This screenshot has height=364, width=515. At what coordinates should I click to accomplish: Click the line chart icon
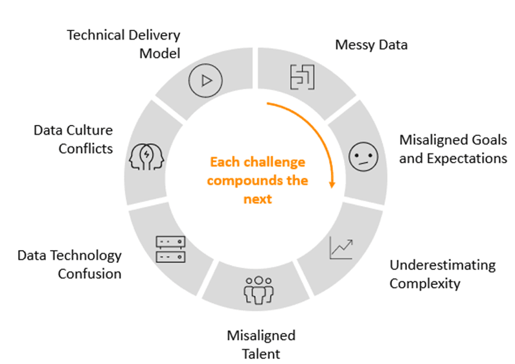341,247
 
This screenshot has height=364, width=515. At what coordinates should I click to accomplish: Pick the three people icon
258,290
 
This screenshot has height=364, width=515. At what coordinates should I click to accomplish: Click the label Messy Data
371,45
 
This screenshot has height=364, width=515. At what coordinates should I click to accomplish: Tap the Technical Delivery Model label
124,43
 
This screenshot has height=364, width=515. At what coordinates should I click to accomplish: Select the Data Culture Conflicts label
73,139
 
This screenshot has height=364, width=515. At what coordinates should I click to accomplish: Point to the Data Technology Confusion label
69,264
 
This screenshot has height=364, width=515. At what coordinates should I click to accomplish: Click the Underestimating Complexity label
442,274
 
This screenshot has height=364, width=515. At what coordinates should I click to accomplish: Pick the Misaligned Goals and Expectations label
453,149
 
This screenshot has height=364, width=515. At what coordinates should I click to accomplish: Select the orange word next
257,199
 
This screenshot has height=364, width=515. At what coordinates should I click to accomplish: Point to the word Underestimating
442,265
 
